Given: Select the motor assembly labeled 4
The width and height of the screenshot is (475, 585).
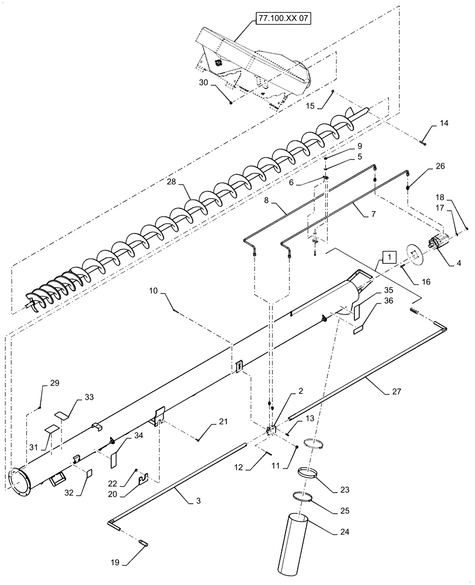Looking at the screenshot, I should (442, 242).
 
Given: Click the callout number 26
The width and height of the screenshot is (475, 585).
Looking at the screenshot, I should (440, 166).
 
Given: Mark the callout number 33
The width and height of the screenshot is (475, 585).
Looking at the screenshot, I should (89, 397).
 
